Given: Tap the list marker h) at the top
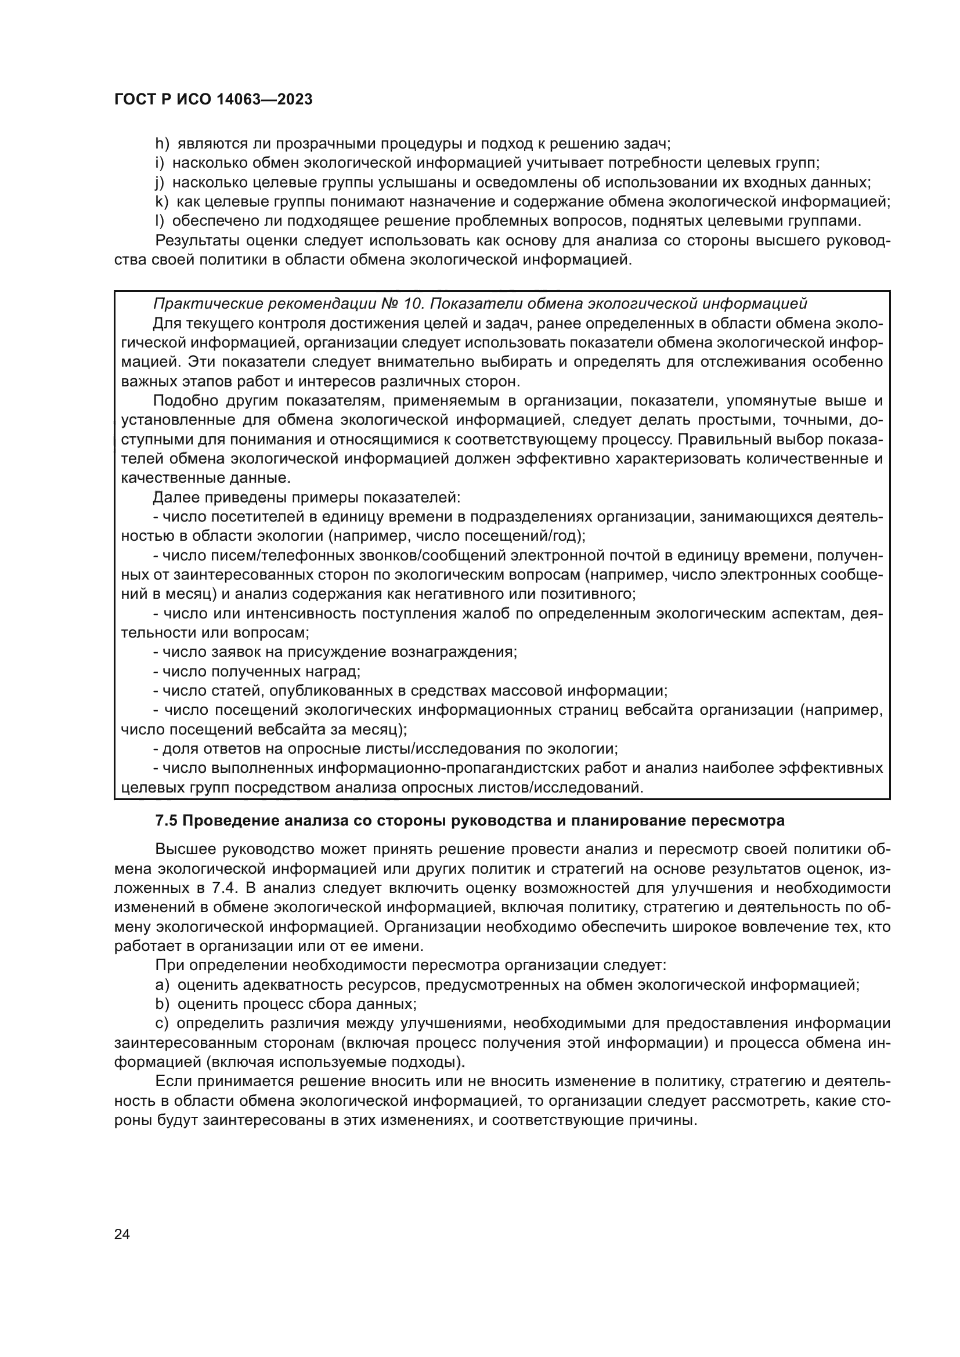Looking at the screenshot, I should [162, 144].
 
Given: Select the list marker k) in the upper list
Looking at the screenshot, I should [161, 201].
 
